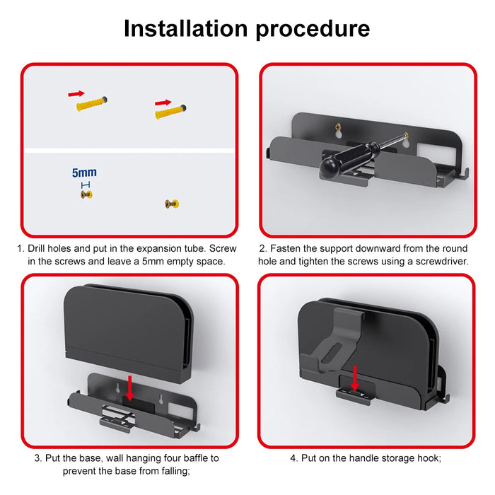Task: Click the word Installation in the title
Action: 185,28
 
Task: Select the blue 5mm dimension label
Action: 84,173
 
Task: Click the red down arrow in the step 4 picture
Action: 355,378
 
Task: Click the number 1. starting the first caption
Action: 21,249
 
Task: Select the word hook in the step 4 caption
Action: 426,458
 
